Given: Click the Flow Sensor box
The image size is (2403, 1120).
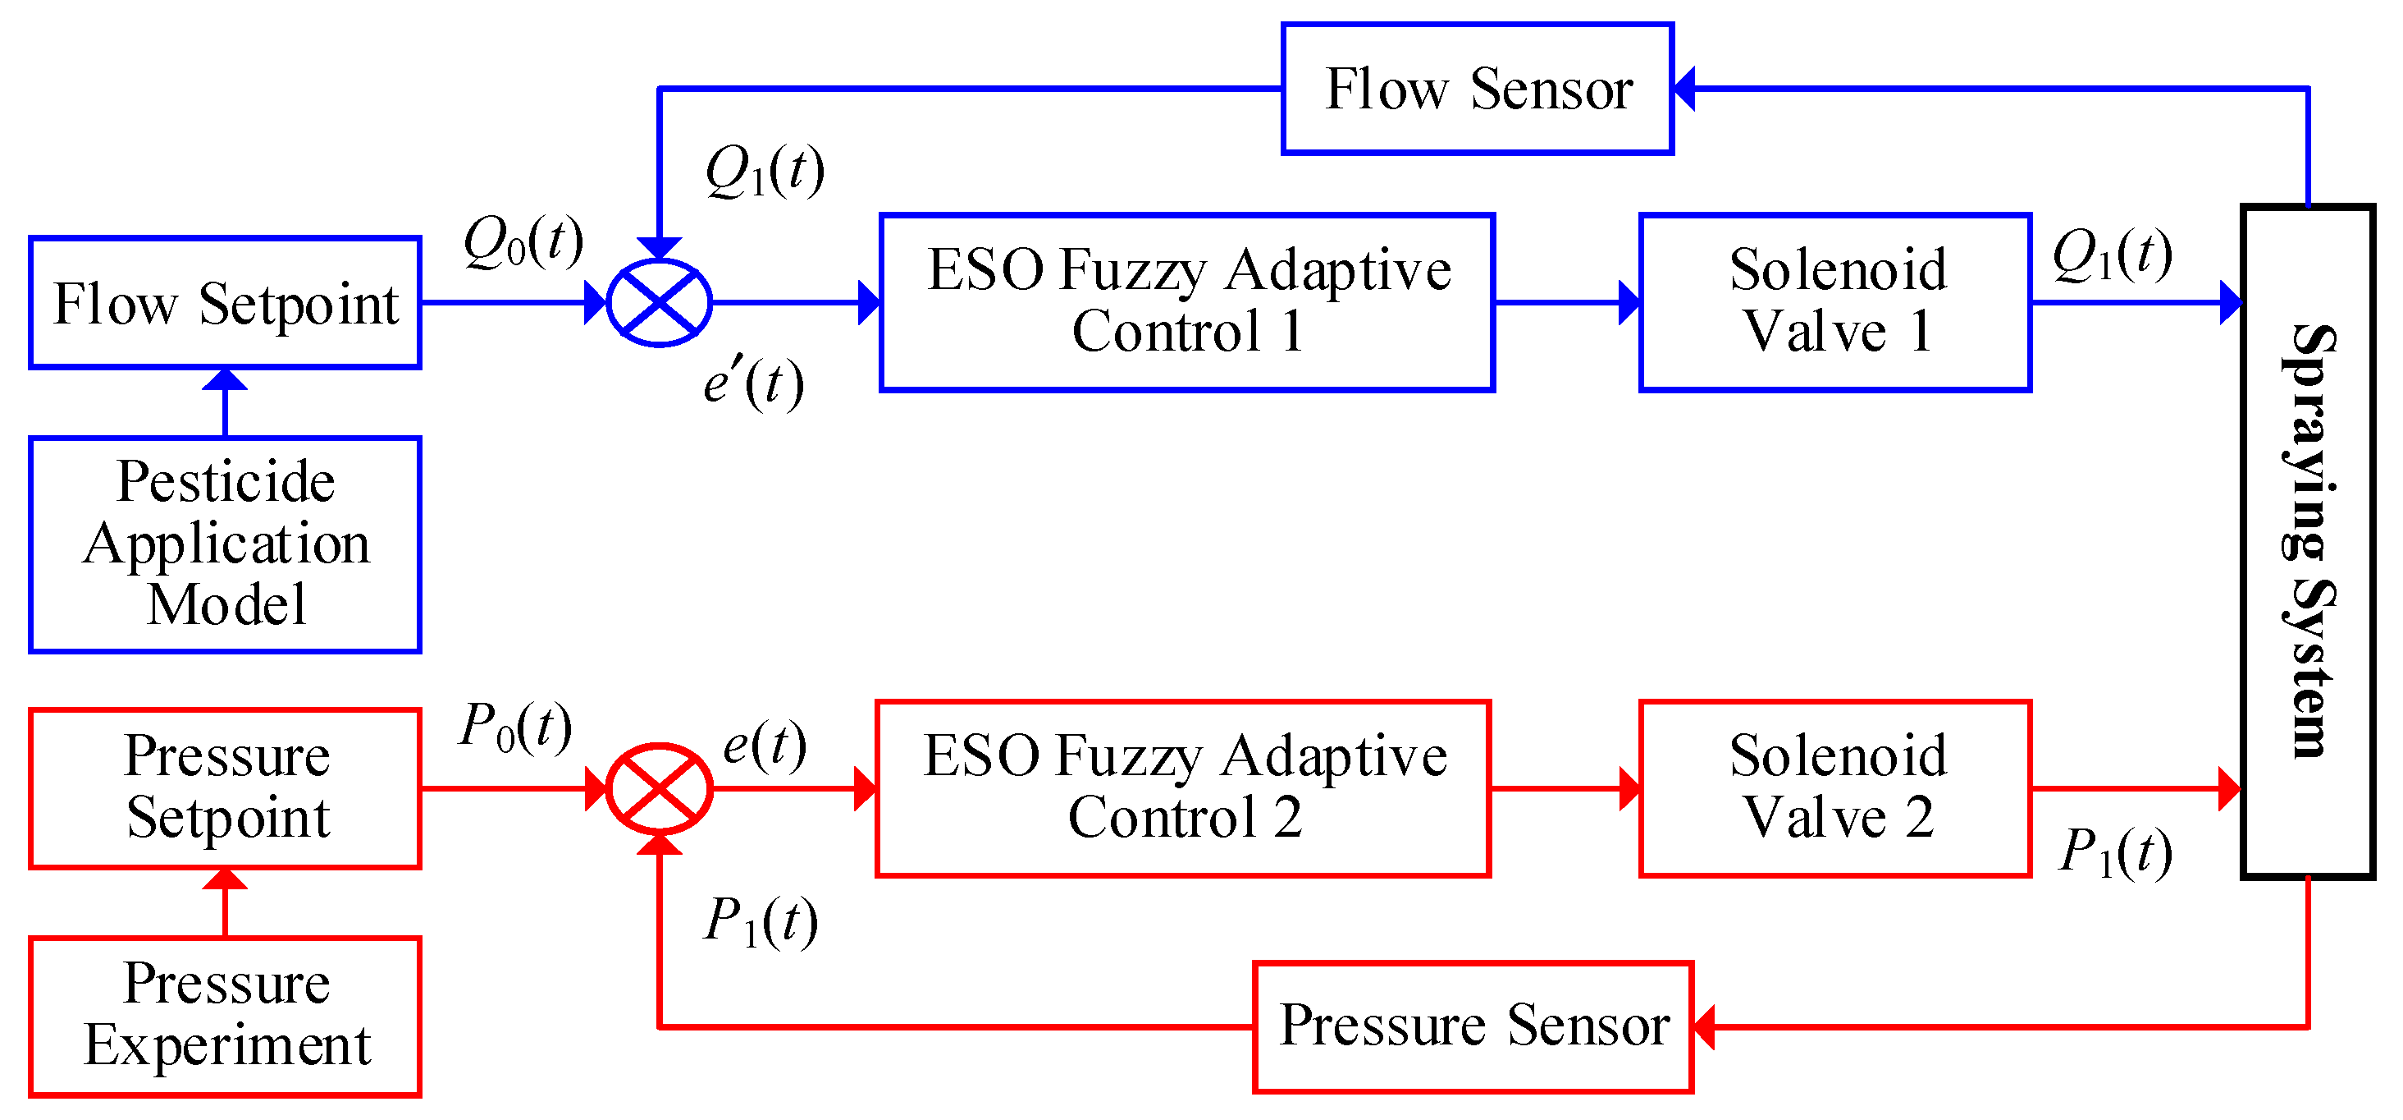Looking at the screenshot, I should point(1477,89).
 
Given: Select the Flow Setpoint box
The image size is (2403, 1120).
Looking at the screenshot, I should point(225,303).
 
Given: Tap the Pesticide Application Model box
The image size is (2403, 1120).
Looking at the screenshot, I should point(225,544).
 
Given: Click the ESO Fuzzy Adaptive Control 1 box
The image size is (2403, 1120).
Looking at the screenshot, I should point(1186,302).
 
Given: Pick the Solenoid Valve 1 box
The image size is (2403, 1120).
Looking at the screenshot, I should point(1835,302).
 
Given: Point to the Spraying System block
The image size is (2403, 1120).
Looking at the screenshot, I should point(2307,541).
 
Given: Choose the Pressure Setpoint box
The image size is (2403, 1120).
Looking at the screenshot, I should point(225,787).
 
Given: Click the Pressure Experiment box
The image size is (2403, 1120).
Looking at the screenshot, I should point(225,1016).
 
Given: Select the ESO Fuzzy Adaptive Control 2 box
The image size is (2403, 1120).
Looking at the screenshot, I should point(1183,787).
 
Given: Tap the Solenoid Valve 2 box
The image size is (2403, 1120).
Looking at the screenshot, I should point(1835,787).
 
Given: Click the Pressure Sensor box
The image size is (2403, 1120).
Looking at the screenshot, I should point(1472,1026).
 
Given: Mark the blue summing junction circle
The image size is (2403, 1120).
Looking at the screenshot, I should point(659,302).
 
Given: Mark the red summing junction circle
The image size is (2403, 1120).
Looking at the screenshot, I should point(659,788).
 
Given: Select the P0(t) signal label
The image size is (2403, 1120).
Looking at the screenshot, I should point(515,728).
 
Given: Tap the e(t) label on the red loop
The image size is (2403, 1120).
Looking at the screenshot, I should point(764,746).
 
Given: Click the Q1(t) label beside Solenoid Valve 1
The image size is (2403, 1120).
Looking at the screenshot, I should point(2111,255).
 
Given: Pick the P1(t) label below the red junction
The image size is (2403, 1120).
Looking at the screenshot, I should point(761,922).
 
